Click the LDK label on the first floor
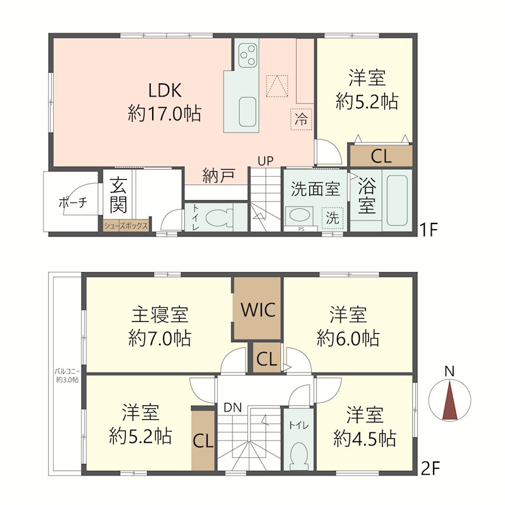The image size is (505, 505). [x=165, y=90]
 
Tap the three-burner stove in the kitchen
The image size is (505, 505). [x=247, y=55]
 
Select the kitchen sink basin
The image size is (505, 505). [x=247, y=112]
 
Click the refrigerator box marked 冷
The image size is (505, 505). [x=301, y=119]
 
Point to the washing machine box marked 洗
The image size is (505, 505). [x=333, y=218]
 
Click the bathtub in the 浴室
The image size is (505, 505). [x=398, y=200]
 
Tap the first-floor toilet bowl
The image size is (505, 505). [x=219, y=217]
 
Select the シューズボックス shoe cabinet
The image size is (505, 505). [x=126, y=226]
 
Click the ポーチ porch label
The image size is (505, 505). [x=73, y=203]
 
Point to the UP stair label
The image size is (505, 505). [x=265, y=161]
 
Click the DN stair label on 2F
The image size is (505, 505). [x=232, y=408]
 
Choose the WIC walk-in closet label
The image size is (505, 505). [x=258, y=310]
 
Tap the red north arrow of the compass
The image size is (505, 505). [x=450, y=400]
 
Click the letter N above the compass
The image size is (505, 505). [x=449, y=372]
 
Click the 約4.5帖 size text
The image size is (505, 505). [x=365, y=439]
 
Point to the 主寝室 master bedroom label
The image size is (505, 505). [x=160, y=315]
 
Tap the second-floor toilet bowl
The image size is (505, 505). [x=299, y=453]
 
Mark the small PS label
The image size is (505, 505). [x=301, y=230]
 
